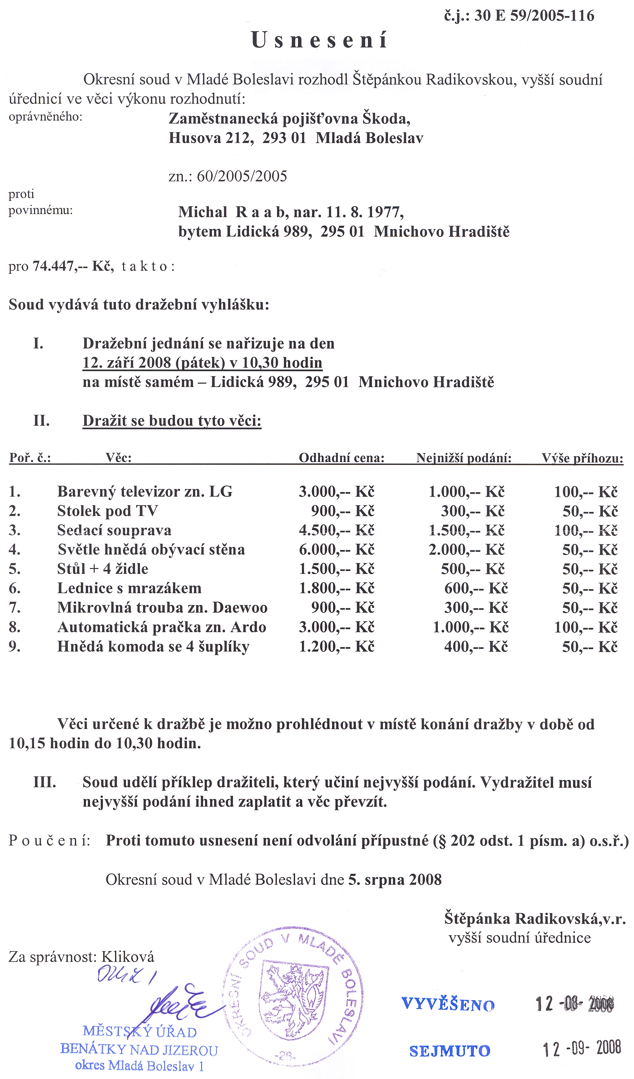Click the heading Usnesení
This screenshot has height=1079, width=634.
pyautogui.click(x=319, y=41)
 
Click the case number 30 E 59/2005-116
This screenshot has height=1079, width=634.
pyautogui.click(x=534, y=16)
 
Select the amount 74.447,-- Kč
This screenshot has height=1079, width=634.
pyautogui.click(x=73, y=266)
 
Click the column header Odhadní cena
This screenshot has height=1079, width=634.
pyautogui.click(x=341, y=458)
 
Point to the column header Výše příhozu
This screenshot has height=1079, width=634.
pyautogui.click(x=582, y=458)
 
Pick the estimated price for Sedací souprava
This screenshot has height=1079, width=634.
pyautogui.click(x=337, y=531)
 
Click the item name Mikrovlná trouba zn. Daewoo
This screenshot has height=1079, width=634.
pyautogui.click(x=162, y=608)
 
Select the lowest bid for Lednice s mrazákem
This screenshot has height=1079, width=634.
pyautogui.click(x=476, y=588)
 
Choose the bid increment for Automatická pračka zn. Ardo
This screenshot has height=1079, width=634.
pyautogui.click(x=586, y=627)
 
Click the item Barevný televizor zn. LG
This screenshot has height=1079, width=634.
pyautogui.click(x=145, y=491)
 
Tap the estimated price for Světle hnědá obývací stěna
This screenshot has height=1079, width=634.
pyautogui.click(x=337, y=550)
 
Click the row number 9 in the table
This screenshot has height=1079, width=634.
pyautogui.click(x=15, y=646)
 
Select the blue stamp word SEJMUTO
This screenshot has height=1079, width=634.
pyautogui.click(x=450, y=1051)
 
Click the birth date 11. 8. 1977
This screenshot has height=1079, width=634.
pyautogui.click(x=364, y=212)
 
